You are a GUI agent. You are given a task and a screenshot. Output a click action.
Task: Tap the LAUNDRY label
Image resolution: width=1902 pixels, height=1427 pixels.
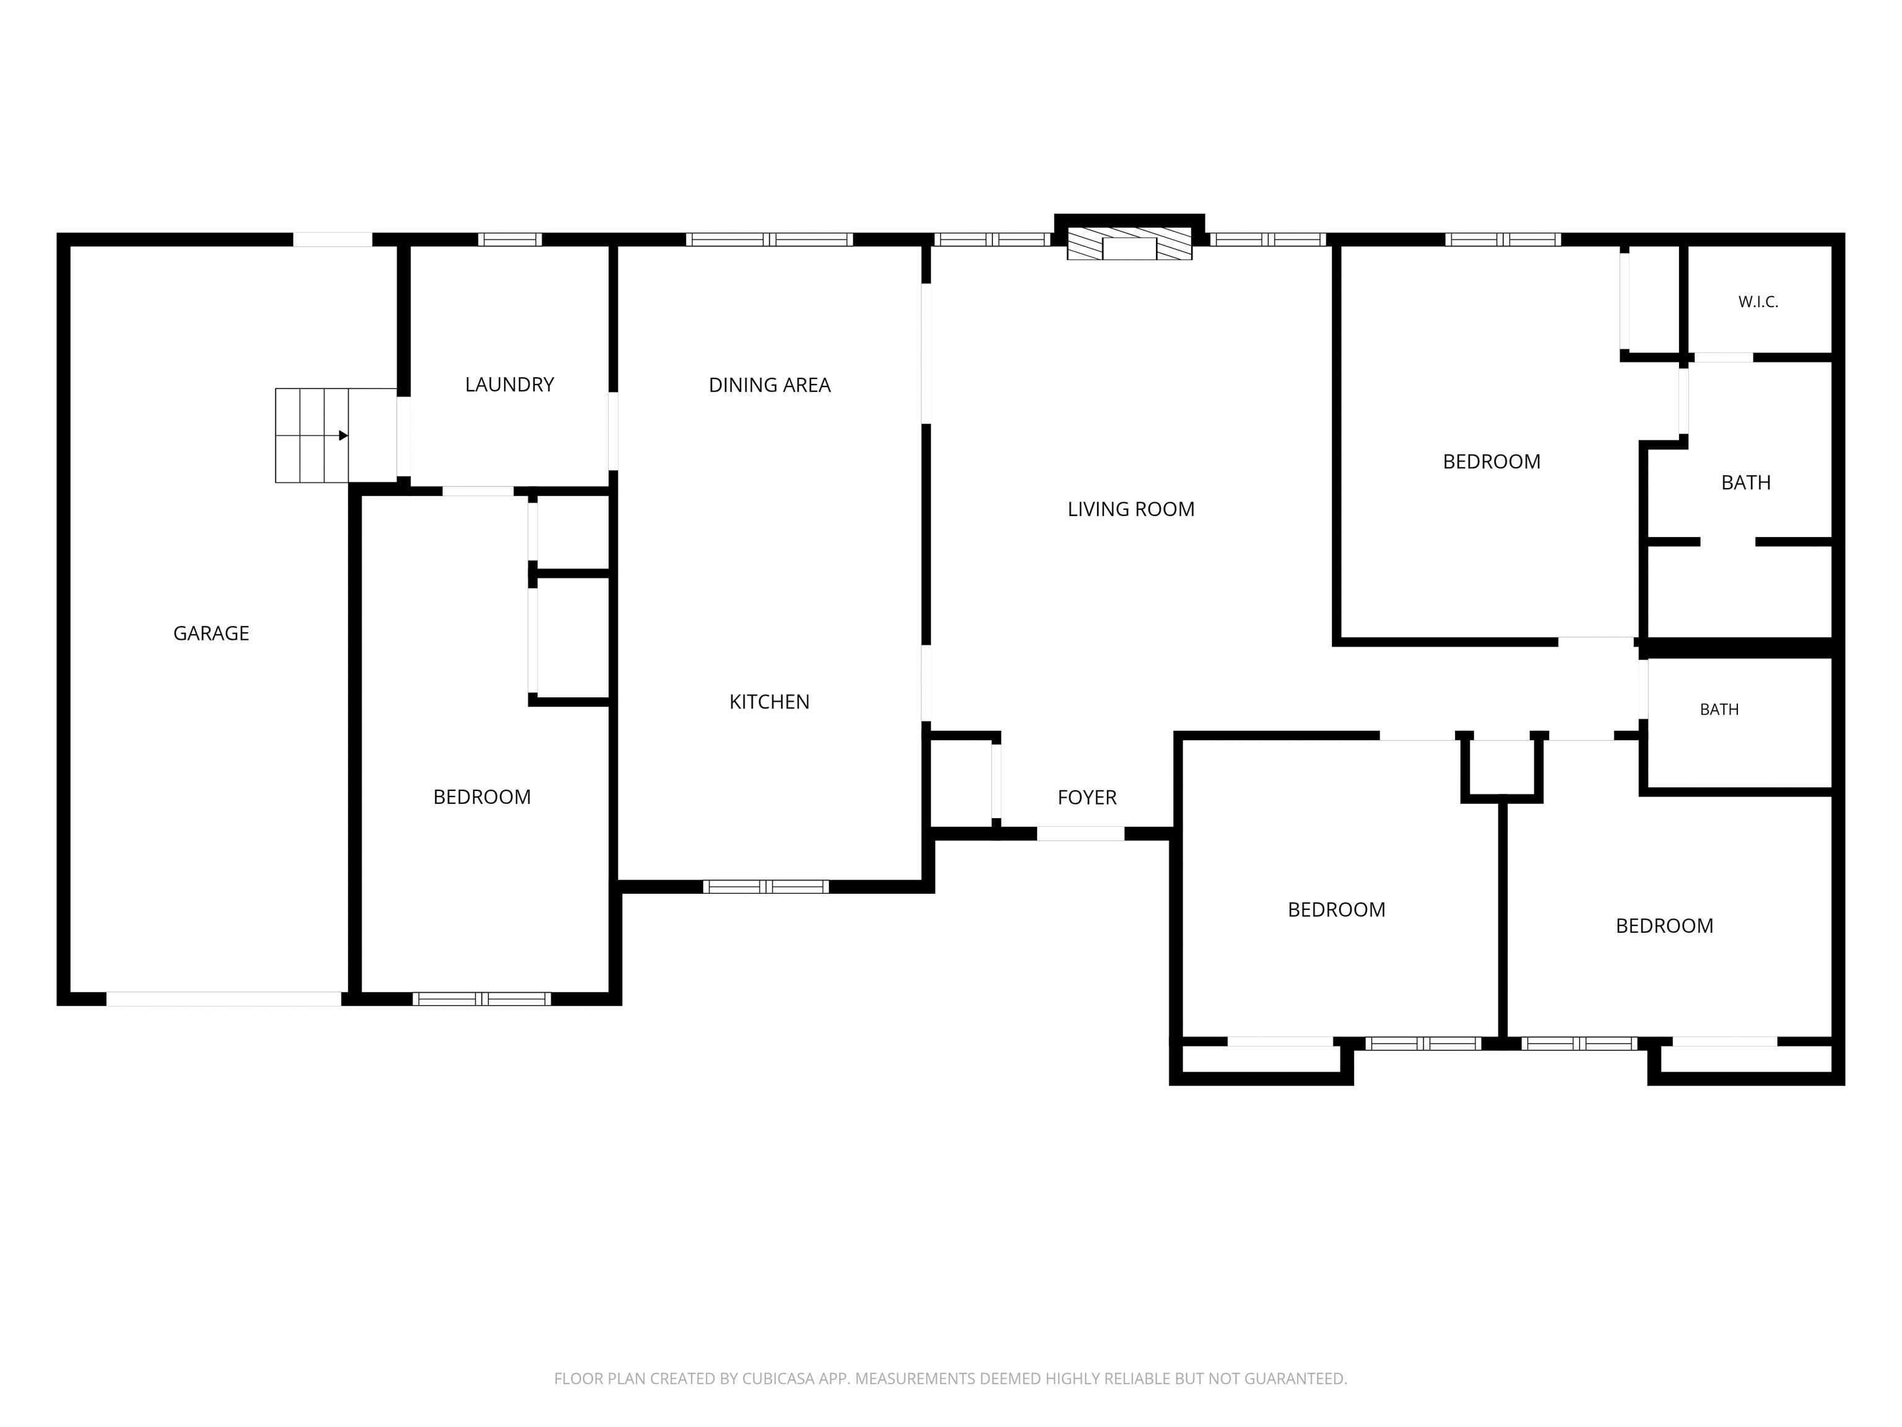coord(509,385)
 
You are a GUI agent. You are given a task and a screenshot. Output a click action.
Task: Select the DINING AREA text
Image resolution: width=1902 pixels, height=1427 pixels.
coord(770,385)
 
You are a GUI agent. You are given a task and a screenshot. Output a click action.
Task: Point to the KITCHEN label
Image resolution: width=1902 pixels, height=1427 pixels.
coord(770,702)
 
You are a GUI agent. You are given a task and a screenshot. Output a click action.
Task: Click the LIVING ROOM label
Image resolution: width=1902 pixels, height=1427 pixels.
coord(1131,509)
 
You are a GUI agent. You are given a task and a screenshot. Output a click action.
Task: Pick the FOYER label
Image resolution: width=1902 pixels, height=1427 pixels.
coord(1087,797)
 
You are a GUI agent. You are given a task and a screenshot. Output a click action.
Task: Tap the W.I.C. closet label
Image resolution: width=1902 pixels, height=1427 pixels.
coord(1758,302)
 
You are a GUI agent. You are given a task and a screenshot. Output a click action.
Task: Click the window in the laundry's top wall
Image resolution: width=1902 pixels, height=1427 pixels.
coord(510,239)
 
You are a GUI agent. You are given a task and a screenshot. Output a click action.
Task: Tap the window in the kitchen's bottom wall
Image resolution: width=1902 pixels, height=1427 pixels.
coord(766,887)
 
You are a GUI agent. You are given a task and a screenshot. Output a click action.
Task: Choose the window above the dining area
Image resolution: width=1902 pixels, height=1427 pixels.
coord(770,239)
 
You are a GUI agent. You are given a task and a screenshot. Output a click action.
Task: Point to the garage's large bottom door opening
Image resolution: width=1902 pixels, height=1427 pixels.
coord(224,998)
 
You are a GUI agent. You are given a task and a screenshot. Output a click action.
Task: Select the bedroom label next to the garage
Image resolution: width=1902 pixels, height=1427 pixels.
coord(482,797)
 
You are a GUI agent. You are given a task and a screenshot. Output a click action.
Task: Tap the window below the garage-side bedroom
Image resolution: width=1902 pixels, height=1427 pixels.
coord(482,998)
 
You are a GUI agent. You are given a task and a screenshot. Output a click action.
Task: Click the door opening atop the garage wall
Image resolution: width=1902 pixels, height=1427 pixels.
coord(332,239)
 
